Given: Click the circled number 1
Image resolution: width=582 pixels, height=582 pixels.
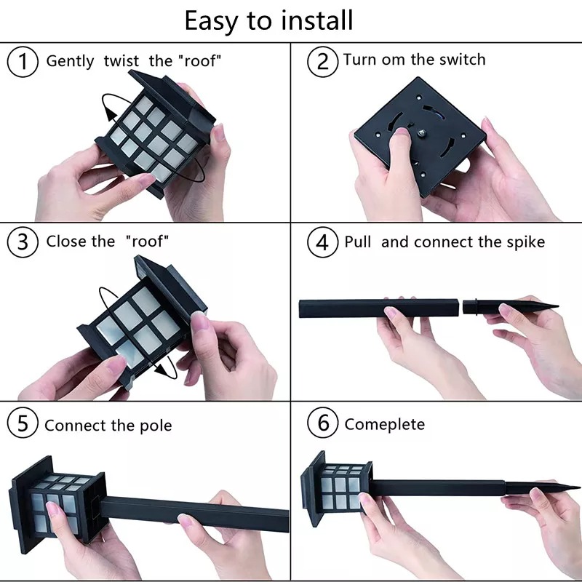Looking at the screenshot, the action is point(23,62).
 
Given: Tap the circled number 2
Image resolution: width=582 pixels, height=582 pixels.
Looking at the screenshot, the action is point(322,62).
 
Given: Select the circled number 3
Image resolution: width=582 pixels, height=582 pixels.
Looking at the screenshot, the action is point(23,242).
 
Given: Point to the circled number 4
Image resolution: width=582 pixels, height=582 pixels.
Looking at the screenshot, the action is point(322,242).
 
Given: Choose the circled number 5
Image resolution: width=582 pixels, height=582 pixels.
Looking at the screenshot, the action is point(23,423).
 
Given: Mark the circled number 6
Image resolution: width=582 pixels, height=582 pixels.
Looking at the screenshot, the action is point(322,423).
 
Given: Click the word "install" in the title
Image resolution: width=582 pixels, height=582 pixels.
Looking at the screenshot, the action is point(316,20).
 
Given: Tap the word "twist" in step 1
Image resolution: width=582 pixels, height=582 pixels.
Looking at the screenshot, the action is point(121,61).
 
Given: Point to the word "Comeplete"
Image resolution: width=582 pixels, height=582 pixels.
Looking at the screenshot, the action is point(385,425).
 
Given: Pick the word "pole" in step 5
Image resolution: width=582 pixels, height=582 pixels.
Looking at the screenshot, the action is point(156,426).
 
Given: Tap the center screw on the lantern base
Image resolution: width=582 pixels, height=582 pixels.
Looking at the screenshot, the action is point(422,133).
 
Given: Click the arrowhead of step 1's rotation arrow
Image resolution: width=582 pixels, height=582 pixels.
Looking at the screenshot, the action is point(111,113).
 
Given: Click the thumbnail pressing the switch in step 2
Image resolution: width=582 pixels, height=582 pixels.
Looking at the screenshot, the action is point(402,132).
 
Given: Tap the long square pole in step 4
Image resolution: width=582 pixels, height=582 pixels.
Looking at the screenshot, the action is point(379,308).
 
